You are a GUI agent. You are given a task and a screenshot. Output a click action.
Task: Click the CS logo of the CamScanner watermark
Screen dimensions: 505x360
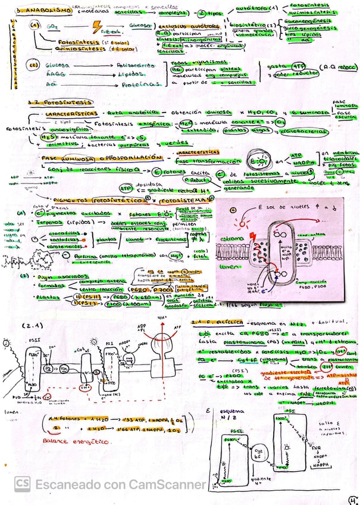pyautogui.click(x=23, y=484)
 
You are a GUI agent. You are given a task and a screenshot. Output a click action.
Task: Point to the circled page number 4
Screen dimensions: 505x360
pyautogui.click(x=352, y=499)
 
